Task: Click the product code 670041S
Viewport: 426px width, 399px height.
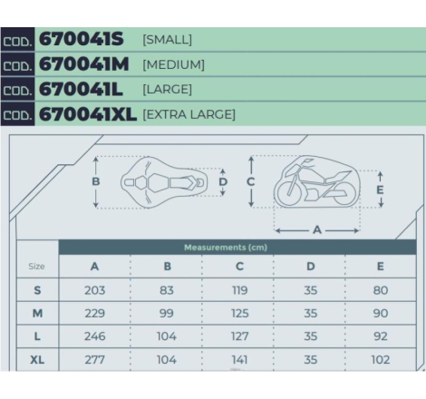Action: (82, 39)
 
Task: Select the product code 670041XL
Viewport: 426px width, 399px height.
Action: (88, 114)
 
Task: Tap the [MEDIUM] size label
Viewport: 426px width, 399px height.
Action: (173, 64)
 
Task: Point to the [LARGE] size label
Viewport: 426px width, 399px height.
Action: (167, 90)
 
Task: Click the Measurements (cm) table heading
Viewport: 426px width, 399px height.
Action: (226, 248)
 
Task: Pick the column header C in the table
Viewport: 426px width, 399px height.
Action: (239, 267)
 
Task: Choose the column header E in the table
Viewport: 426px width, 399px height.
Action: (381, 267)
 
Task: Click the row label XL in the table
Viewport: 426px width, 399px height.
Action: (37, 360)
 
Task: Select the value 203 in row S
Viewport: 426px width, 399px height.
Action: (94, 290)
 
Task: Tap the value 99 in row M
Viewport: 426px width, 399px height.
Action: (167, 313)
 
